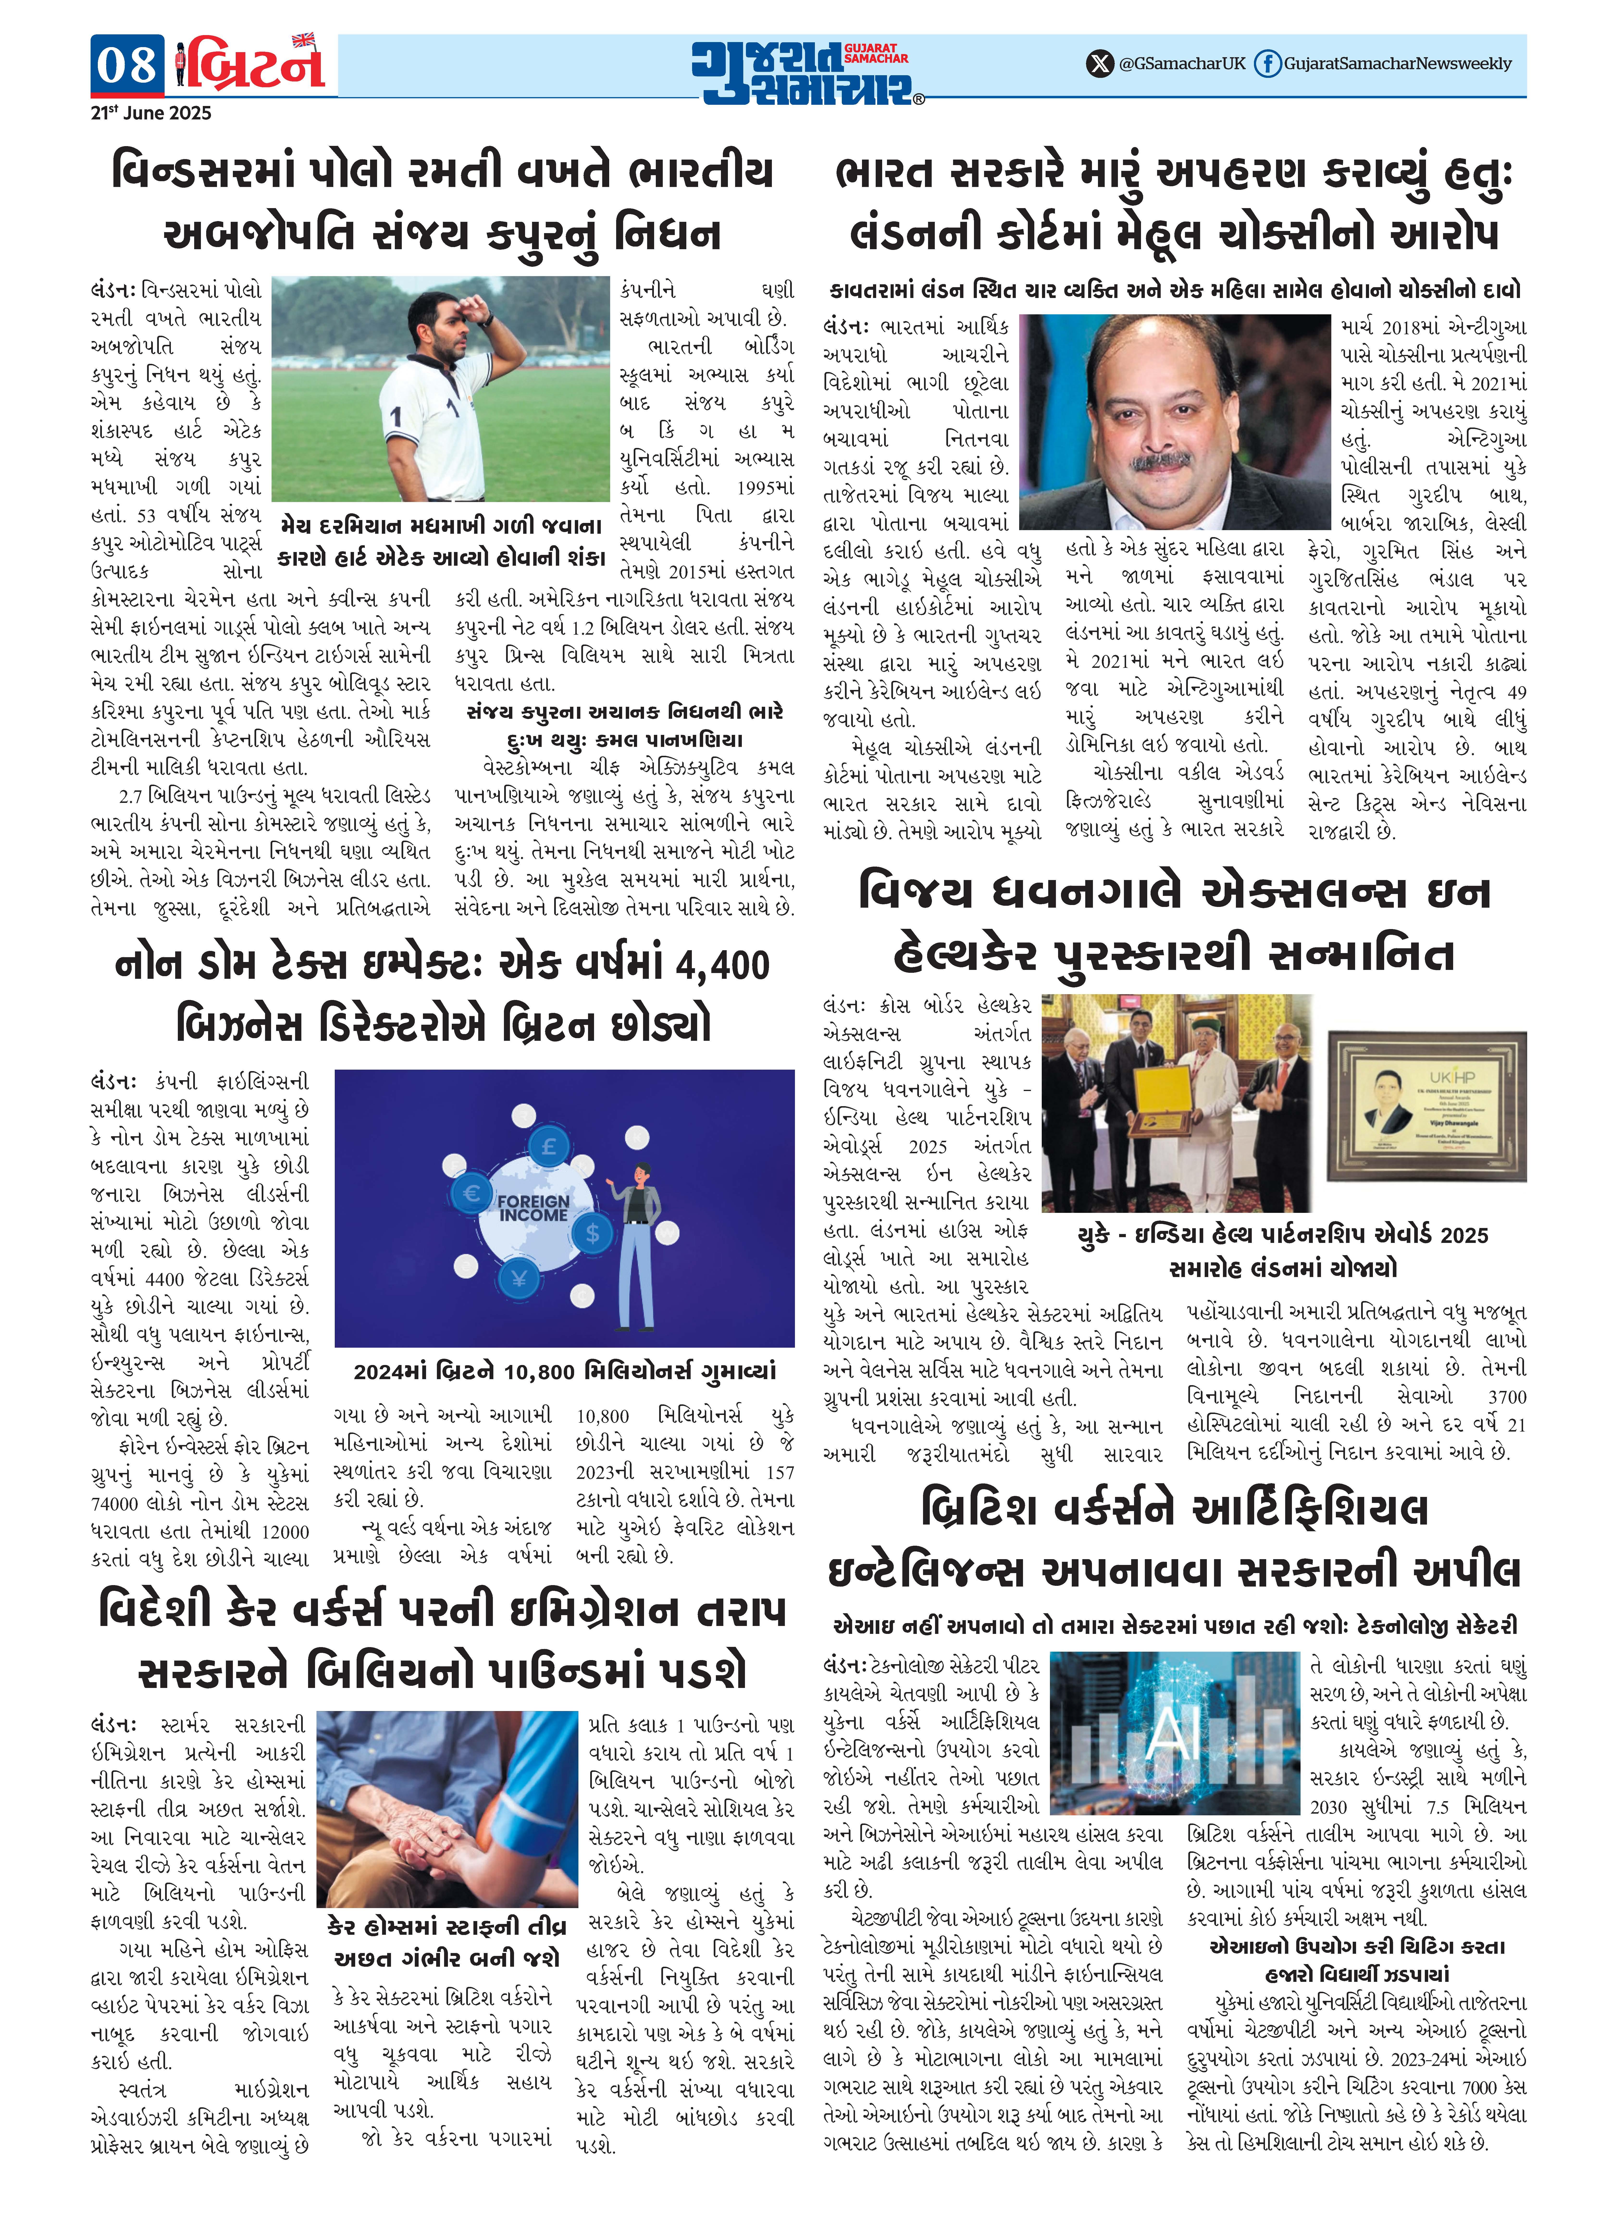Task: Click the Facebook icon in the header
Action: click(x=1267, y=64)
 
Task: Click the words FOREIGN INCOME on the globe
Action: click(x=533, y=1207)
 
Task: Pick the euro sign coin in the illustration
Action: click(x=471, y=1193)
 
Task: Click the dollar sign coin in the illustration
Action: click(x=592, y=1233)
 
